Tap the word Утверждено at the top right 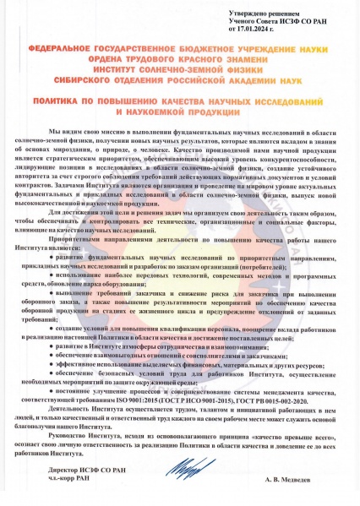click(x=244, y=14)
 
